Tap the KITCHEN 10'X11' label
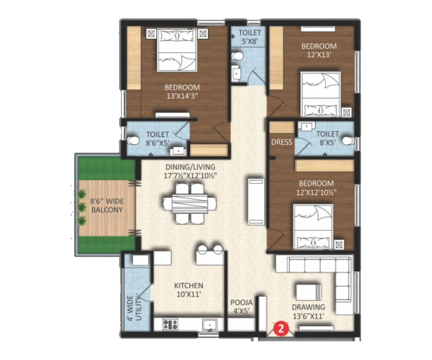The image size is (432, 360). click(x=188, y=289)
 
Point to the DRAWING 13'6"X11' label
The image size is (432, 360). click(x=308, y=311)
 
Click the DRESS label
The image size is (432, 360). click(x=282, y=142)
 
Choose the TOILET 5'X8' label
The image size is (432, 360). click(x=248, y=37)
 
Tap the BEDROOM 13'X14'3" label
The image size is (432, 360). click(x=182, y=91)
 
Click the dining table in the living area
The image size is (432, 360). click(x=190, y=204)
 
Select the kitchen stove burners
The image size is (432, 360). click(x=170, y=324)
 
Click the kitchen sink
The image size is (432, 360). click(x=209, y=325)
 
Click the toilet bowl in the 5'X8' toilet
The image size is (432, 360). click(x=237, y=56)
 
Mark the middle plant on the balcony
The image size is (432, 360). click(x=82, y=207)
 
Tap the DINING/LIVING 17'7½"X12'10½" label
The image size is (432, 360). click(x=190, y=171)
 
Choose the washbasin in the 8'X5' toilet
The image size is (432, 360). click(x=307, y=126)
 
